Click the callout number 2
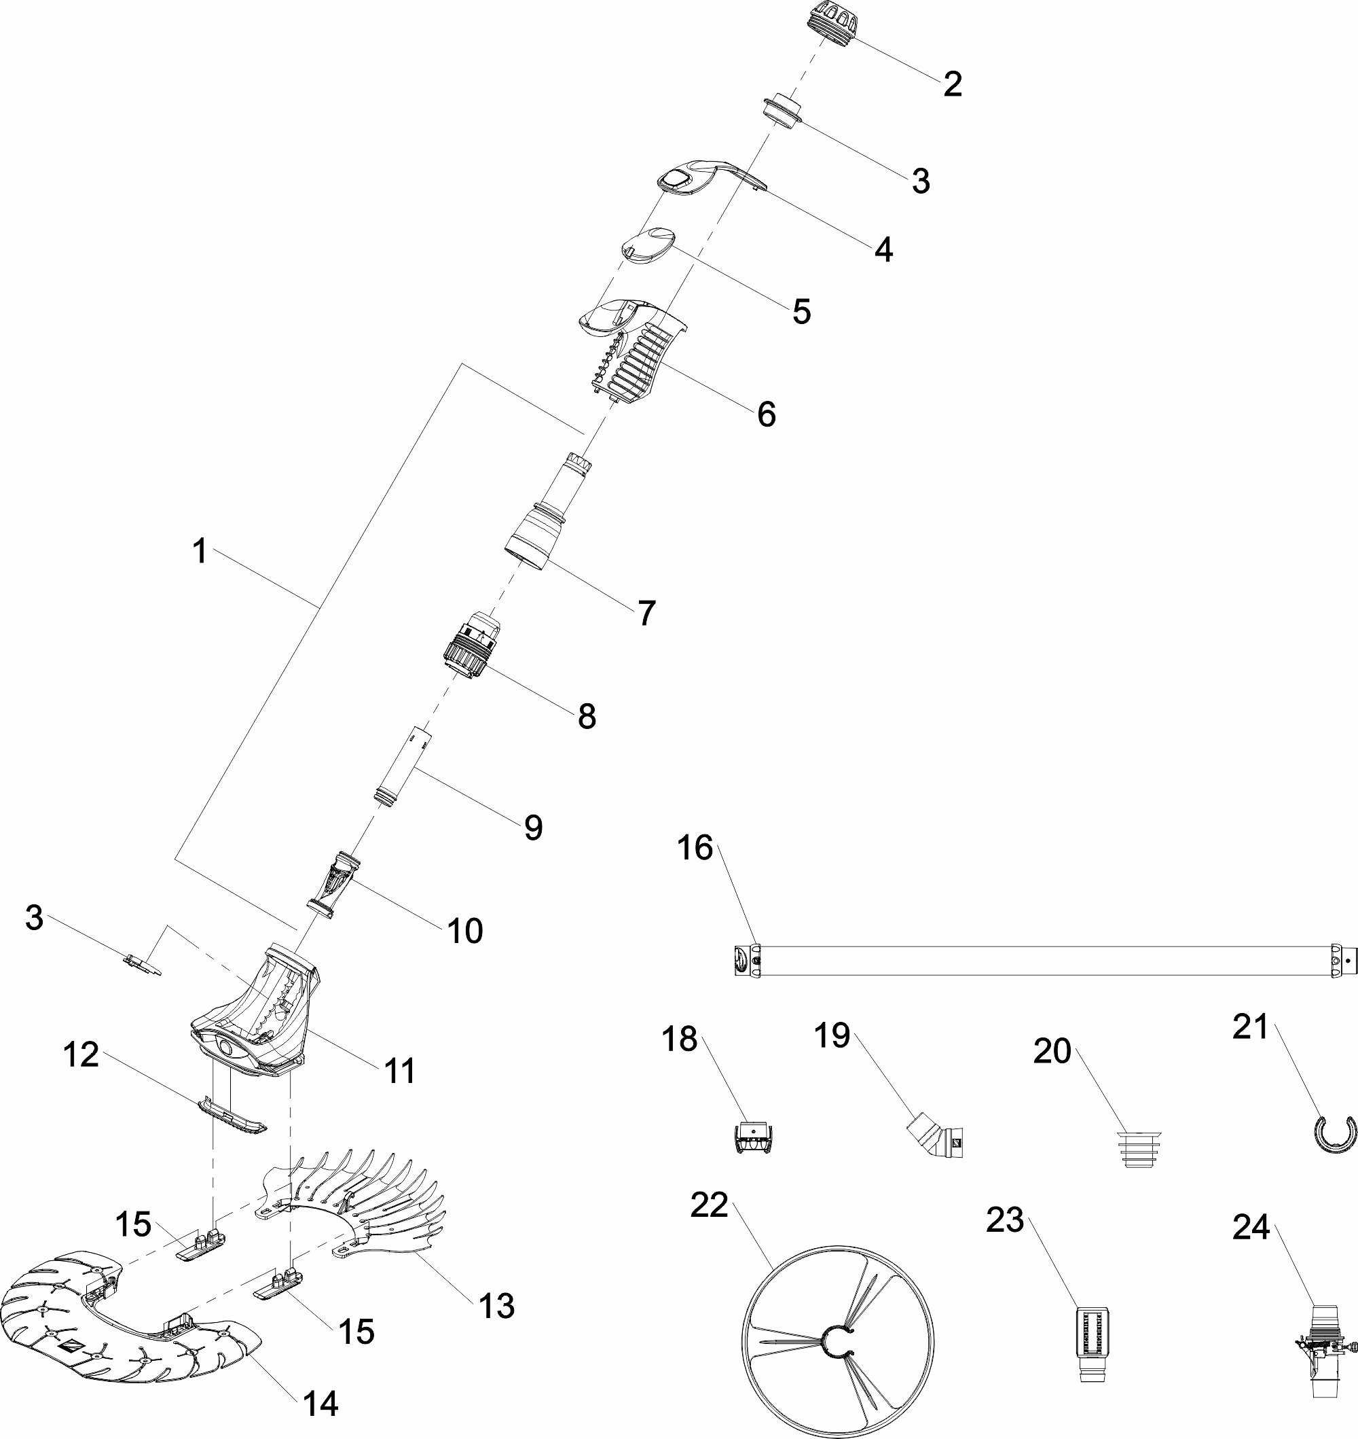(953, 85)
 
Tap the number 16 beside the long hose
(695, 848)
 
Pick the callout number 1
(200, 552)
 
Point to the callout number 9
(533, 827)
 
